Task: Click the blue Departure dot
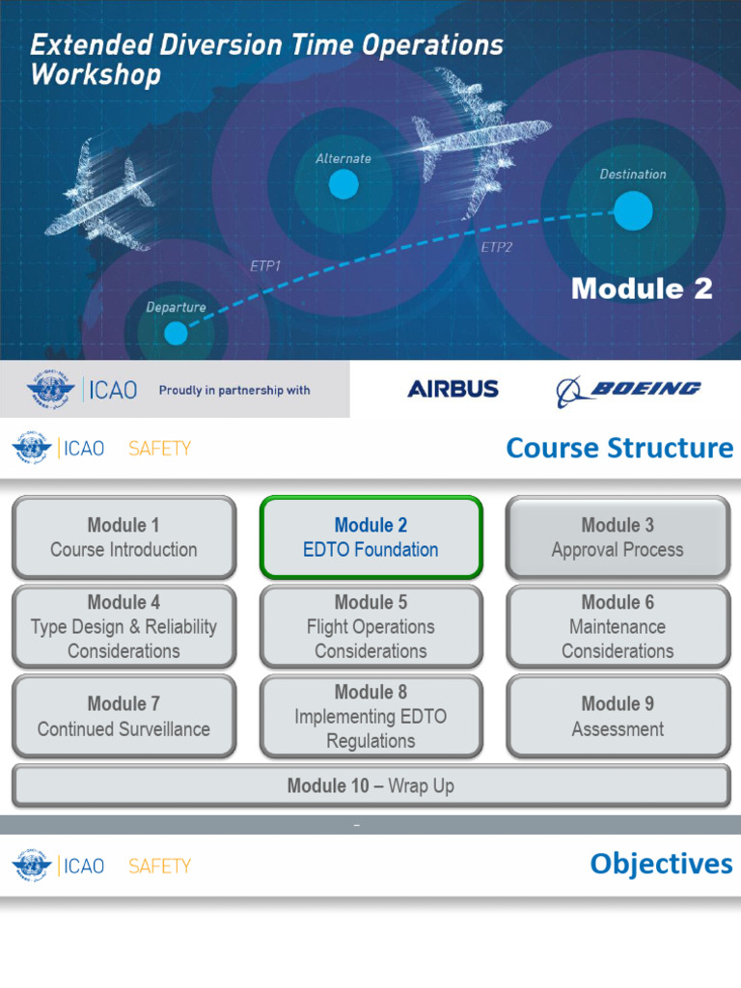[176, 333]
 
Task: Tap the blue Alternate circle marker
[343, 184]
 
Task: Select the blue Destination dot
[633, 210]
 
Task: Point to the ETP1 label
[265, 266]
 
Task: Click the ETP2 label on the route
[497, 248]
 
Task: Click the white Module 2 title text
[642, 288]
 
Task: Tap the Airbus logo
[453, 389]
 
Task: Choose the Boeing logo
[628, 390]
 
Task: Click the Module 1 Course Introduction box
[123, 537]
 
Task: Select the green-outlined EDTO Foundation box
[370, 537]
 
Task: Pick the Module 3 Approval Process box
[617, 537]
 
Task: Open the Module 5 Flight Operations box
[370, 626]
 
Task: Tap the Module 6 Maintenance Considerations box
[617, 626]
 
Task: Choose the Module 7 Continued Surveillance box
[123, 716]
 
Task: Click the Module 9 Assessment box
[617, 716]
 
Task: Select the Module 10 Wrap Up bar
[370, 786]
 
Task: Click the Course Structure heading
[619, 449]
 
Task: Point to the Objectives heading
[661, 864]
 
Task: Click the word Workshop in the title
[96, 75]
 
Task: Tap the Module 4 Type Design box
[123, 626]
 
